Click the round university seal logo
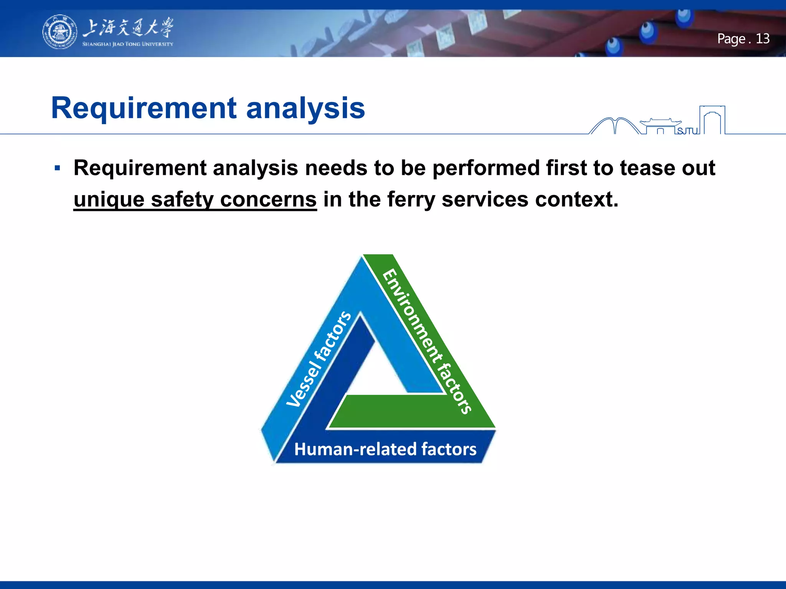point(59,32)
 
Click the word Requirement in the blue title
point(144,108)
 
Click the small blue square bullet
point(58,168)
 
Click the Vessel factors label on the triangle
point(319,359)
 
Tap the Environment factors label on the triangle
point(427,341)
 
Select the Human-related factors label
point(385,449)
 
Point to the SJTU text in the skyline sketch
point(687,131)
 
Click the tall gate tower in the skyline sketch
point(712,120)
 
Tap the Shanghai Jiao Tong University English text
point(127,44)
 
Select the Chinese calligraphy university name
point(128,28)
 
